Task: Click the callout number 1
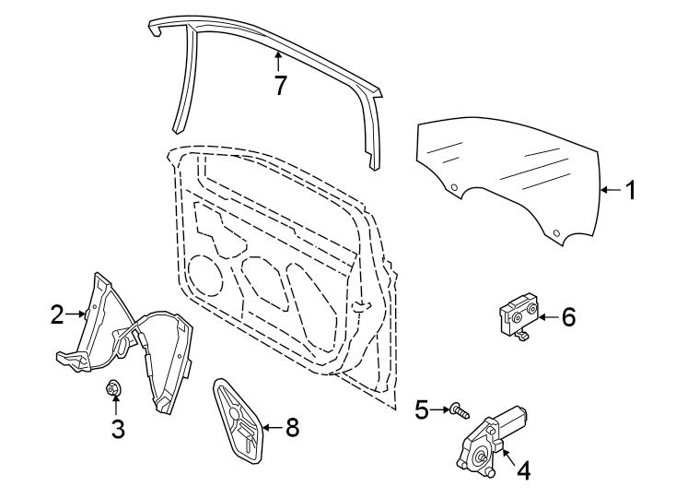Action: (631, 190)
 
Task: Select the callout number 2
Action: (58, 315)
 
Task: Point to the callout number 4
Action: (523, 470)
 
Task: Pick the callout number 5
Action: (422, 409)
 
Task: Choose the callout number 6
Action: (568, 318)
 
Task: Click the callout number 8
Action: (292, 427)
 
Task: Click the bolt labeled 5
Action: (458, 409)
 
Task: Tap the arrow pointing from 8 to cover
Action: (272, 427)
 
